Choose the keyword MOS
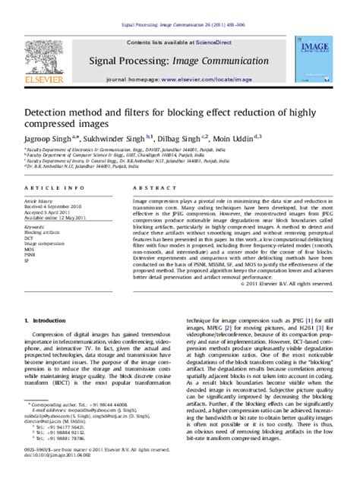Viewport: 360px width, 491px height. point(30,249)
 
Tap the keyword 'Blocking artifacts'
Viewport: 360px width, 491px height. point(41,231)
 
